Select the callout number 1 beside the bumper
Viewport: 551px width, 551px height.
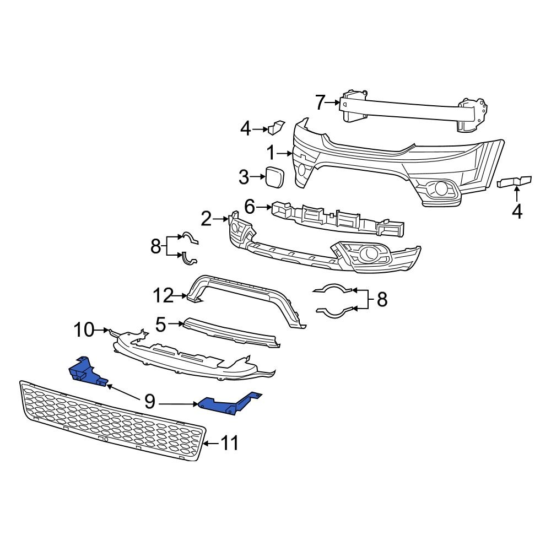(x=271, y=153)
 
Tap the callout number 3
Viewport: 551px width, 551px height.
(x=244, y=177)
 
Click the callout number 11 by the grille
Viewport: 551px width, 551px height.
(x=230, y=442)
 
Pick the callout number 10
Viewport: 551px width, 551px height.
(x=84, y=330)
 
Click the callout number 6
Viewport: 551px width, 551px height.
(x=250, y=207)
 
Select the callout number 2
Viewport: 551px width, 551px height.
(x=206, y=220)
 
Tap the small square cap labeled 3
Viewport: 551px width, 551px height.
(x=274, y=176)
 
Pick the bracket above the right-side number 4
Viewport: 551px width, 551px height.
(x=515, y=181)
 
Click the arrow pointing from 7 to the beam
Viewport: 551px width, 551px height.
(x=334, y=102)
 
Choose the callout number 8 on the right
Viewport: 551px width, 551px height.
(x=381, y=300)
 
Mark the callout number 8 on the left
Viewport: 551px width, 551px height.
(x=155, y=246)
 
